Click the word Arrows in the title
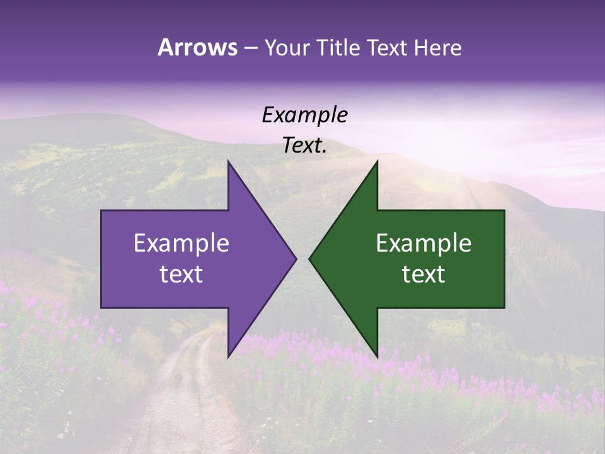point(197,47)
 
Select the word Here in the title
point(437,48)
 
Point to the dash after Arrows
point(250,49)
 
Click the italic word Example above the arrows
point(304,115)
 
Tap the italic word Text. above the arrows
point(304,146)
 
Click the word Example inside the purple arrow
point(181,243)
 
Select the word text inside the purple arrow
point(181,274)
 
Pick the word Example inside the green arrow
point(423,243)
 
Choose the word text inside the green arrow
point(423,274)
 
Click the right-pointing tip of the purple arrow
point(296,259)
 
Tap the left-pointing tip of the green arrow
point(309,259)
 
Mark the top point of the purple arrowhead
point(228,161)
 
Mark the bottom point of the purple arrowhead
point(228,357)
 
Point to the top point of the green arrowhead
point(377,161)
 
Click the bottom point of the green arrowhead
point(377,357)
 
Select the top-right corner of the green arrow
point(504,211)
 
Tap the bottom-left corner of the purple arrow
point(101,308)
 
